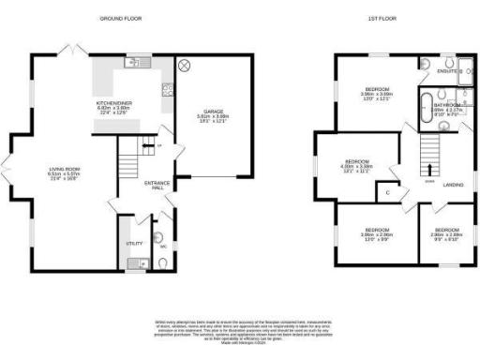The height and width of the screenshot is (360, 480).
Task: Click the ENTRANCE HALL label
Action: click(156, 185)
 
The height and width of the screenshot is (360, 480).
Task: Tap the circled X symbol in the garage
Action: click(185, 65)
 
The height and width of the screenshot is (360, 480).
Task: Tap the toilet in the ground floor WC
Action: click(164, 262)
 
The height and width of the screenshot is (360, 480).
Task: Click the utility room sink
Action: click(135, 262)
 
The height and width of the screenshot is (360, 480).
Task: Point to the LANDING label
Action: click(455, 185)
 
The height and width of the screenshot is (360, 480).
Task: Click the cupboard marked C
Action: click(387, 192)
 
